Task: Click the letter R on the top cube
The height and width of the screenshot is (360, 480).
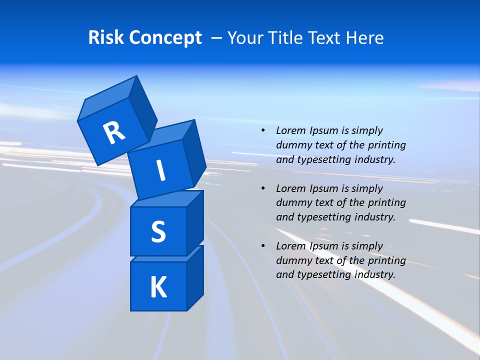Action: pos(114,132)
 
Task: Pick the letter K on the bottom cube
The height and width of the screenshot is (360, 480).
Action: pos(158,287)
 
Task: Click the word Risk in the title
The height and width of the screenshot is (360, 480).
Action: pos(105,38)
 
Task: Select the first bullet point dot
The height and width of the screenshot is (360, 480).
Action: pos(263,131)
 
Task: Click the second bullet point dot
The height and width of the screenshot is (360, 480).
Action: pos(263,188)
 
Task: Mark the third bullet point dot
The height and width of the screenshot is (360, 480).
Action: pos(263,246)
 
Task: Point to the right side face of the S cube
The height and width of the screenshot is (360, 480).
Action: pos(195,222)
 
